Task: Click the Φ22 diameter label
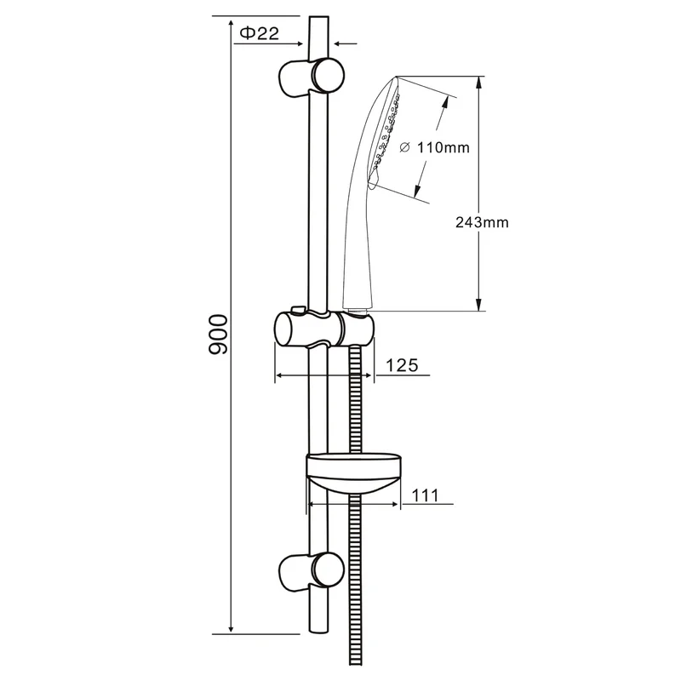[x=260, y=33]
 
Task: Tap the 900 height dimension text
[x=218, y=335]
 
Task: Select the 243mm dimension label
[x=482, y=222]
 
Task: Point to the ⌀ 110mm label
[x=434, y=147]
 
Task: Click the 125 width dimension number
[x=402, y=365]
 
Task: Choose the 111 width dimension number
[x=425, y=495]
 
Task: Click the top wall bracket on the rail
[x=311, y=77]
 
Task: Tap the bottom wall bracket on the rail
[x=311, y=573]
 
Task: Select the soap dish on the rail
[x=353, y=474]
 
